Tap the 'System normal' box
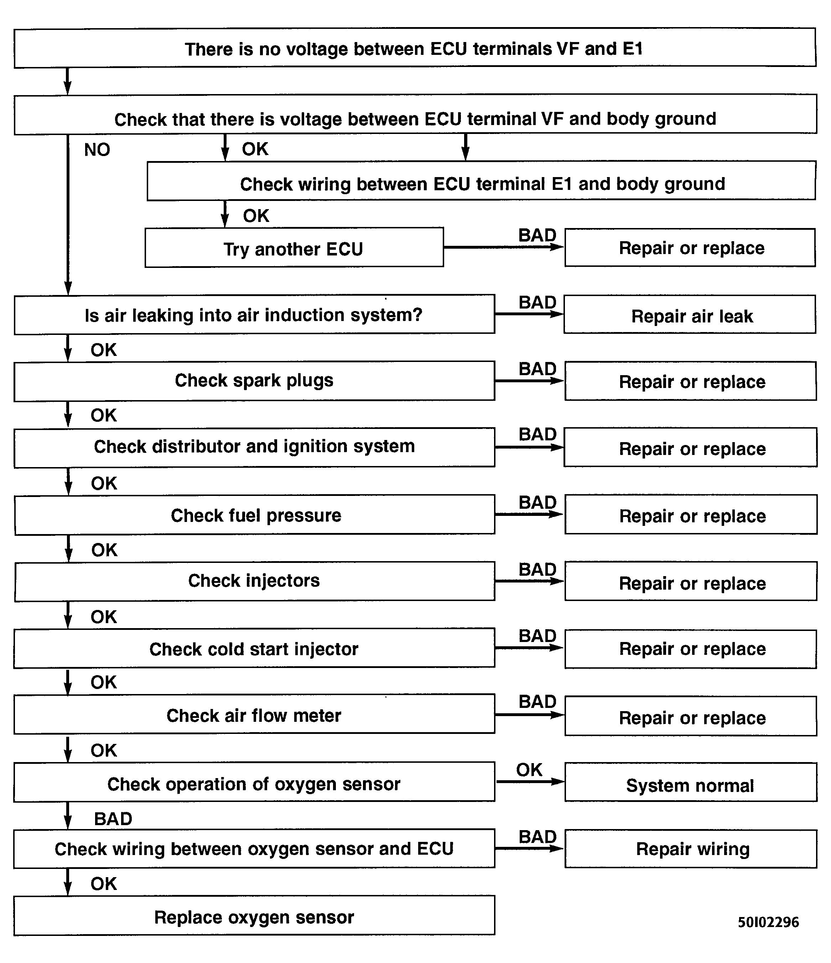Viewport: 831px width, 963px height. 690,785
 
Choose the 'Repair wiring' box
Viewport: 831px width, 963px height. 691,849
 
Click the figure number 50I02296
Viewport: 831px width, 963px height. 768,922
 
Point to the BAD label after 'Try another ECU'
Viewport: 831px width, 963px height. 537,235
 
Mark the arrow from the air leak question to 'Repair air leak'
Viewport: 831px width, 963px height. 529,315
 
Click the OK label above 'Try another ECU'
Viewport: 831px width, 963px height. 256,216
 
